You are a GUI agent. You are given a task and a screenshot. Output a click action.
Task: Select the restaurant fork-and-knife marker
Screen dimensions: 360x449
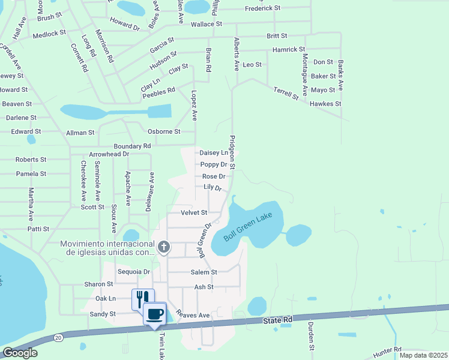143,298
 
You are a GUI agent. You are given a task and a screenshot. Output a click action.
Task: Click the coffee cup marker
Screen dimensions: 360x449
154,313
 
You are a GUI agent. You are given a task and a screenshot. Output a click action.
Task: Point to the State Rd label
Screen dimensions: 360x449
277,321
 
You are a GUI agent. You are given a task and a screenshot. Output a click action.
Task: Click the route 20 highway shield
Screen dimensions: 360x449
57,338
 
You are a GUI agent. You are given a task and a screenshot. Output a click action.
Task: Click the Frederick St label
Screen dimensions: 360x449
263,8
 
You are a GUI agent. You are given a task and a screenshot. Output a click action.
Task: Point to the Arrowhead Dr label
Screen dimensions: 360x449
109,154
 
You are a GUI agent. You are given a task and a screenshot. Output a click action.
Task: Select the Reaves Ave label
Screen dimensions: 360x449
193,315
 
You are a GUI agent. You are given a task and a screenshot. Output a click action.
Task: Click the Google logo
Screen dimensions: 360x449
19,353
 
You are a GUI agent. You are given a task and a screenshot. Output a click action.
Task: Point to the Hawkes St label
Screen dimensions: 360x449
325,104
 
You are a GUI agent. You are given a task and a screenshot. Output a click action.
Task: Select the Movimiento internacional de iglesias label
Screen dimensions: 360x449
107,248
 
